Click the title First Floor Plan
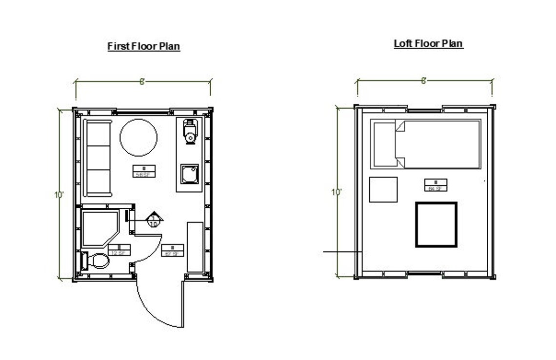pyautogui.click(x=144, y=46)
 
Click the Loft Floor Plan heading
pyautogui.click(x=428, y=43)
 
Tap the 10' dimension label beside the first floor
pyautogui.click(x=59, y=195)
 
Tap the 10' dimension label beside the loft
pyautogui.click(x=336, y=192)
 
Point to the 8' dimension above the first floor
pyautogui.click(x=142, y=81)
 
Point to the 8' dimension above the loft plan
pyautogui.click(x=424, y=80)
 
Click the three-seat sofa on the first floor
pyautogui.click(x=98, y=157)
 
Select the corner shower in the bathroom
pyautogui.click(x=99, y=228)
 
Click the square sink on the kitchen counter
pyautogui.click(x=189, y=174)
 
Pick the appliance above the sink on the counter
pyautogui.click(x=189, y=131)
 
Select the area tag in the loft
pyautogui.click(x=436, y=185)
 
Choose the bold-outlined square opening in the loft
pyautogui.click(x=436, y=224)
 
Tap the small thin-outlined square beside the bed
pyautogui.click(x=383, y=190)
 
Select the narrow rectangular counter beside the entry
pyautogui.click(x=195, y=247)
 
